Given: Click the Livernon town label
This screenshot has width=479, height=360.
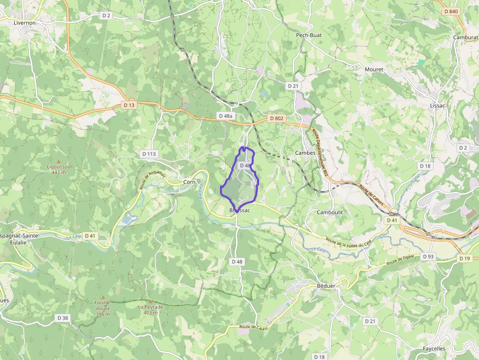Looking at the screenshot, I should (25, 22).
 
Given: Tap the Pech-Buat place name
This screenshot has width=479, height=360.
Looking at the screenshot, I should (309, 35).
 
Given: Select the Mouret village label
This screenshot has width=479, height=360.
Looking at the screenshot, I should (374, 69).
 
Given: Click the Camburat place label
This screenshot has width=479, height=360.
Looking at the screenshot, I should (465, 37).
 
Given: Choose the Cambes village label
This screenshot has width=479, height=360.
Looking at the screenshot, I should (305, 153).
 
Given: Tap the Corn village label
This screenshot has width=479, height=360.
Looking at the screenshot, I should (189, 182).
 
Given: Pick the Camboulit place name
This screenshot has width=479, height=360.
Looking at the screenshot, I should (330, 212).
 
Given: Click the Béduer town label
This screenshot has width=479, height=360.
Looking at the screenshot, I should (325, 285).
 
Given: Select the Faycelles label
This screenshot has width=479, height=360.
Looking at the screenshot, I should (434, 349).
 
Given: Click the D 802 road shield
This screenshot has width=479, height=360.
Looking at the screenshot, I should (276, 119).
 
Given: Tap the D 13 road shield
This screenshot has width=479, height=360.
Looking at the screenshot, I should (129, 105).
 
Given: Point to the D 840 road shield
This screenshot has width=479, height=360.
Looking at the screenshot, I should (452, 11).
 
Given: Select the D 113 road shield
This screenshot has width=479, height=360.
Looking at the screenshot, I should (149, 154).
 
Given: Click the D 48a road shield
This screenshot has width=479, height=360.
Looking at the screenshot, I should (225, 116).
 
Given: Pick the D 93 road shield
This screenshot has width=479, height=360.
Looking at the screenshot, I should (428, 256).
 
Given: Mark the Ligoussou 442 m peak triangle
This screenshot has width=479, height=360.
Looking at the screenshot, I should (59, 161).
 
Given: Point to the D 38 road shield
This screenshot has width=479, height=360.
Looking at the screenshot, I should (63, 318).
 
